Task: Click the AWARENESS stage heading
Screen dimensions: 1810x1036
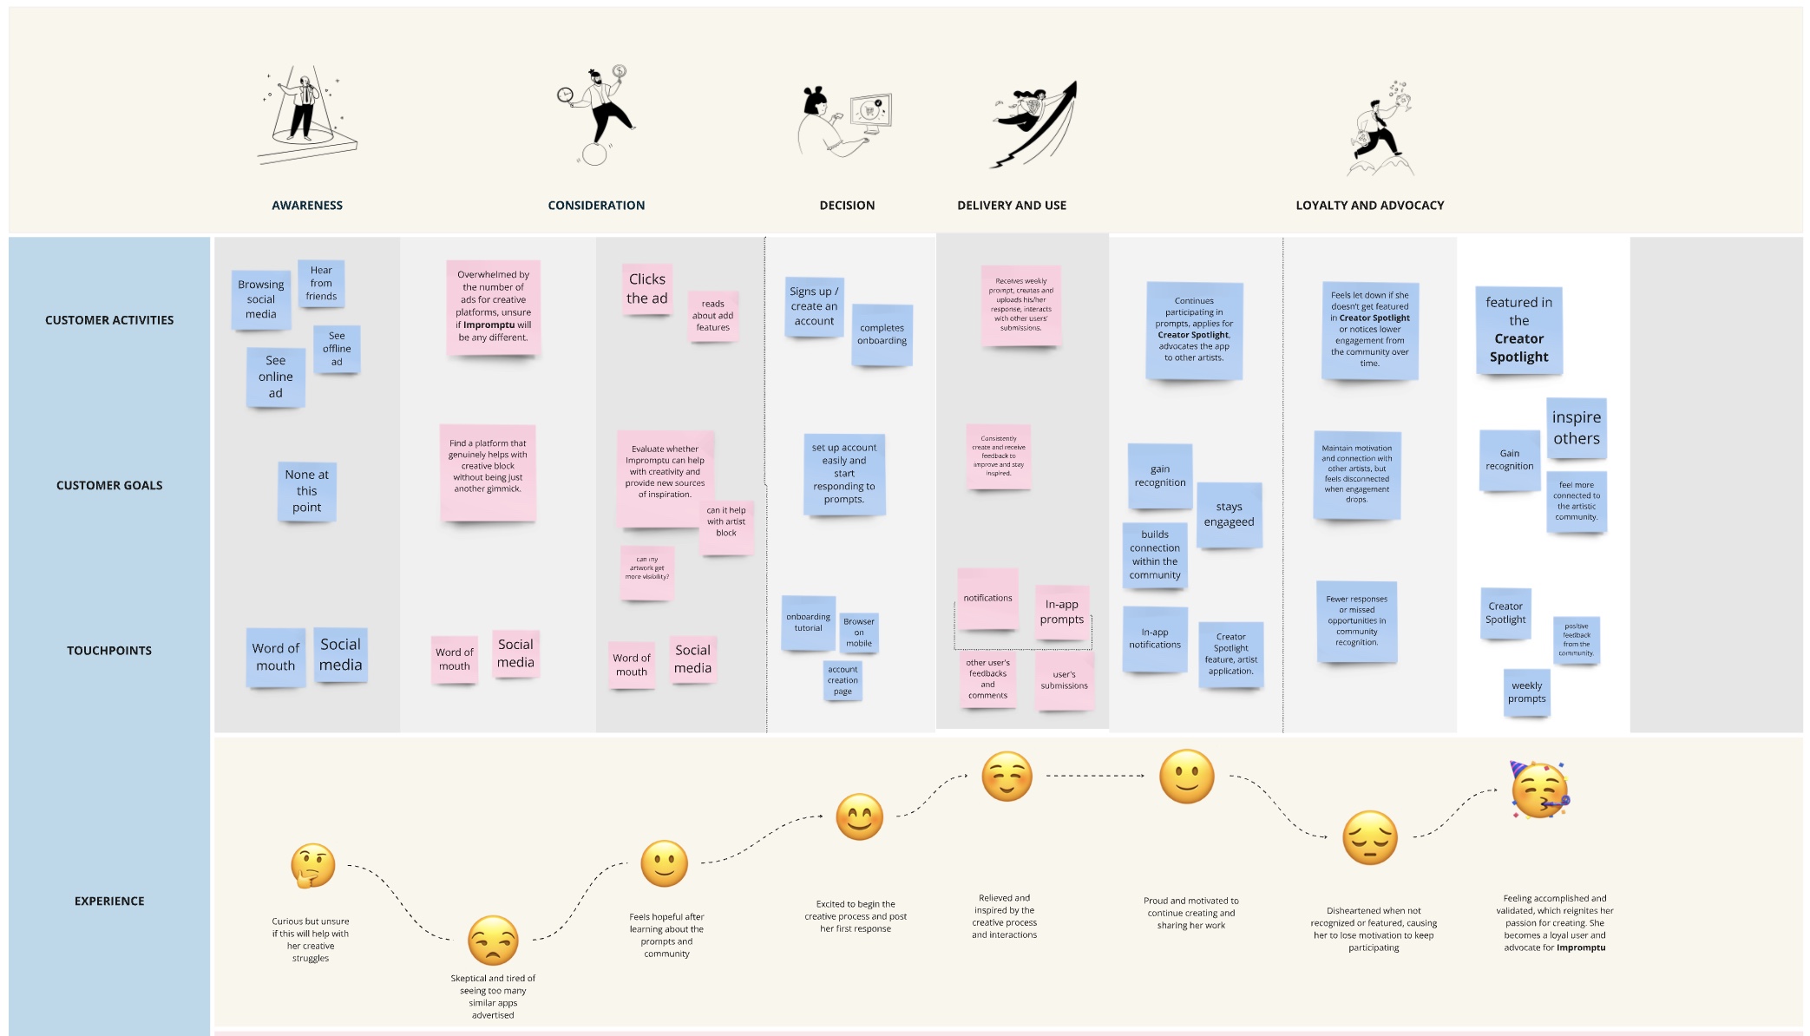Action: pos(307,206)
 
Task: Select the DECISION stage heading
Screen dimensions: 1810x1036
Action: pos(847,206)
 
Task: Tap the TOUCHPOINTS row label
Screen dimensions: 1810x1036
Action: pos(109,651)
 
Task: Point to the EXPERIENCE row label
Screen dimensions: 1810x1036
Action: pos(109,902)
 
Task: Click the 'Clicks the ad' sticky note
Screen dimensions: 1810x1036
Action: pos(647,289)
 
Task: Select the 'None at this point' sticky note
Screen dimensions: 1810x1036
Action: pos(306,491)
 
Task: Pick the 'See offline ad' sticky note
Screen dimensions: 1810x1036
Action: pos(337,349)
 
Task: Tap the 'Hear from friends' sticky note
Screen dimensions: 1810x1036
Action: pos(321,283)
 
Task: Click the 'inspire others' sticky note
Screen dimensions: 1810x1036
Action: pos(1576,428)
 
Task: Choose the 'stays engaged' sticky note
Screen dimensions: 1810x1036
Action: pos(1229,515)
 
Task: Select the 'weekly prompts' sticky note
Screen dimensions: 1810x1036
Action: pos(1526,692)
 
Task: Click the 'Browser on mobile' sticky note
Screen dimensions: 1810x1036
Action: pos(859,633)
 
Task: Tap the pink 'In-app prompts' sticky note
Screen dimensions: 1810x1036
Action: pos(1062,612)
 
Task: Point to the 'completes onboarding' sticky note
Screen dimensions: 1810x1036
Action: pos(882,334)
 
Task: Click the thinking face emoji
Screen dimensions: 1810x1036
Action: pos(313,865)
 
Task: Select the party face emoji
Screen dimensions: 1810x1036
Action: pos(1539,790)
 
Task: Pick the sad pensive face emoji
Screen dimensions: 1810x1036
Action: pos(1370,838)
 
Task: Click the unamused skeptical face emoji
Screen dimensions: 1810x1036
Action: pos(493,941)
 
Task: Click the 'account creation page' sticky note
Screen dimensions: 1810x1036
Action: pos(843,680)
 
